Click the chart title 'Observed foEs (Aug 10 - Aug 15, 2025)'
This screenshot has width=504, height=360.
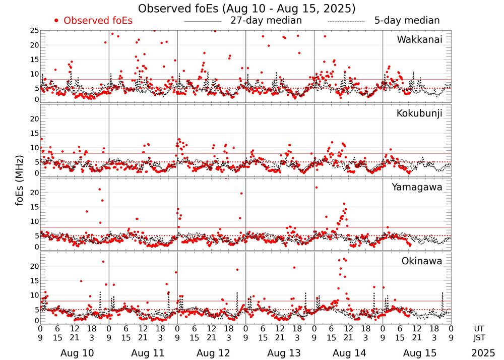246,9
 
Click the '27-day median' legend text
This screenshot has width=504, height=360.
266,21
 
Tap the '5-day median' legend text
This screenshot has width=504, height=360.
407,21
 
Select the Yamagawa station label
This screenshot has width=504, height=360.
417,187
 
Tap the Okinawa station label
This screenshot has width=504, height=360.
422,261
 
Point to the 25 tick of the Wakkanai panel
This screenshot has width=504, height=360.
34,31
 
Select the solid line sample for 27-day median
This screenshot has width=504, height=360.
203,22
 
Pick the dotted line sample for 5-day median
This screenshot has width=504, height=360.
346,22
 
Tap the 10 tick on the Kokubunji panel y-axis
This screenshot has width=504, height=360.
34,147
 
